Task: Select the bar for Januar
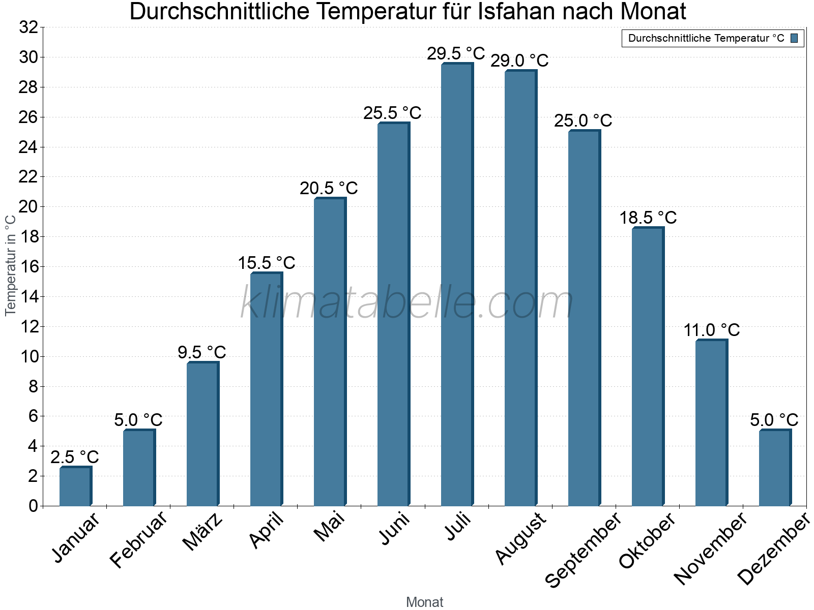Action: point(75,486)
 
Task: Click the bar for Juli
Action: point(457,285)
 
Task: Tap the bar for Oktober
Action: point(648,367)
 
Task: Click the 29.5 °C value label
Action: point(456,53)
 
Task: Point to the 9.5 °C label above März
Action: point(202,352)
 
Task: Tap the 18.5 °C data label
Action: point(648,218)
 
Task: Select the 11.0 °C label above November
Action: point(711,330)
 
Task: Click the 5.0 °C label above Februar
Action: point(138,420)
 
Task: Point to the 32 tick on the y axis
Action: point(28,27)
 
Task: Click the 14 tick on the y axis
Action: point(28,296)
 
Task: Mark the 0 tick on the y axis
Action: point(34,506)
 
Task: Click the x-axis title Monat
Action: point(425,602)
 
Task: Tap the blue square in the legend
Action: point(794,38)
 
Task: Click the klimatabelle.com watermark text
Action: point(407,303)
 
